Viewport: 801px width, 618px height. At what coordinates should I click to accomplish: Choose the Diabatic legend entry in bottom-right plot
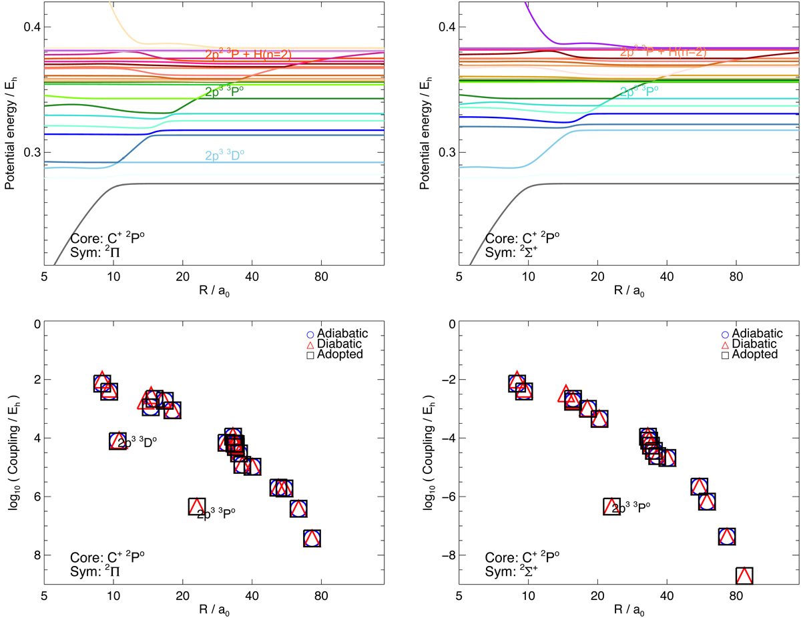(x=751, y=344)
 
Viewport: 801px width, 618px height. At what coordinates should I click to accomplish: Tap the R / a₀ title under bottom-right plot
(x=629, y=609)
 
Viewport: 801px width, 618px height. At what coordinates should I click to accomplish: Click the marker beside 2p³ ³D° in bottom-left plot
(x=118, y=440)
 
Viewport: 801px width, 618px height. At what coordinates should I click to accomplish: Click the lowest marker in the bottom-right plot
(x=744, y=575)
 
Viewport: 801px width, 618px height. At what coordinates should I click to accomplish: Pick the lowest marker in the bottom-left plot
(x=312, y=538)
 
